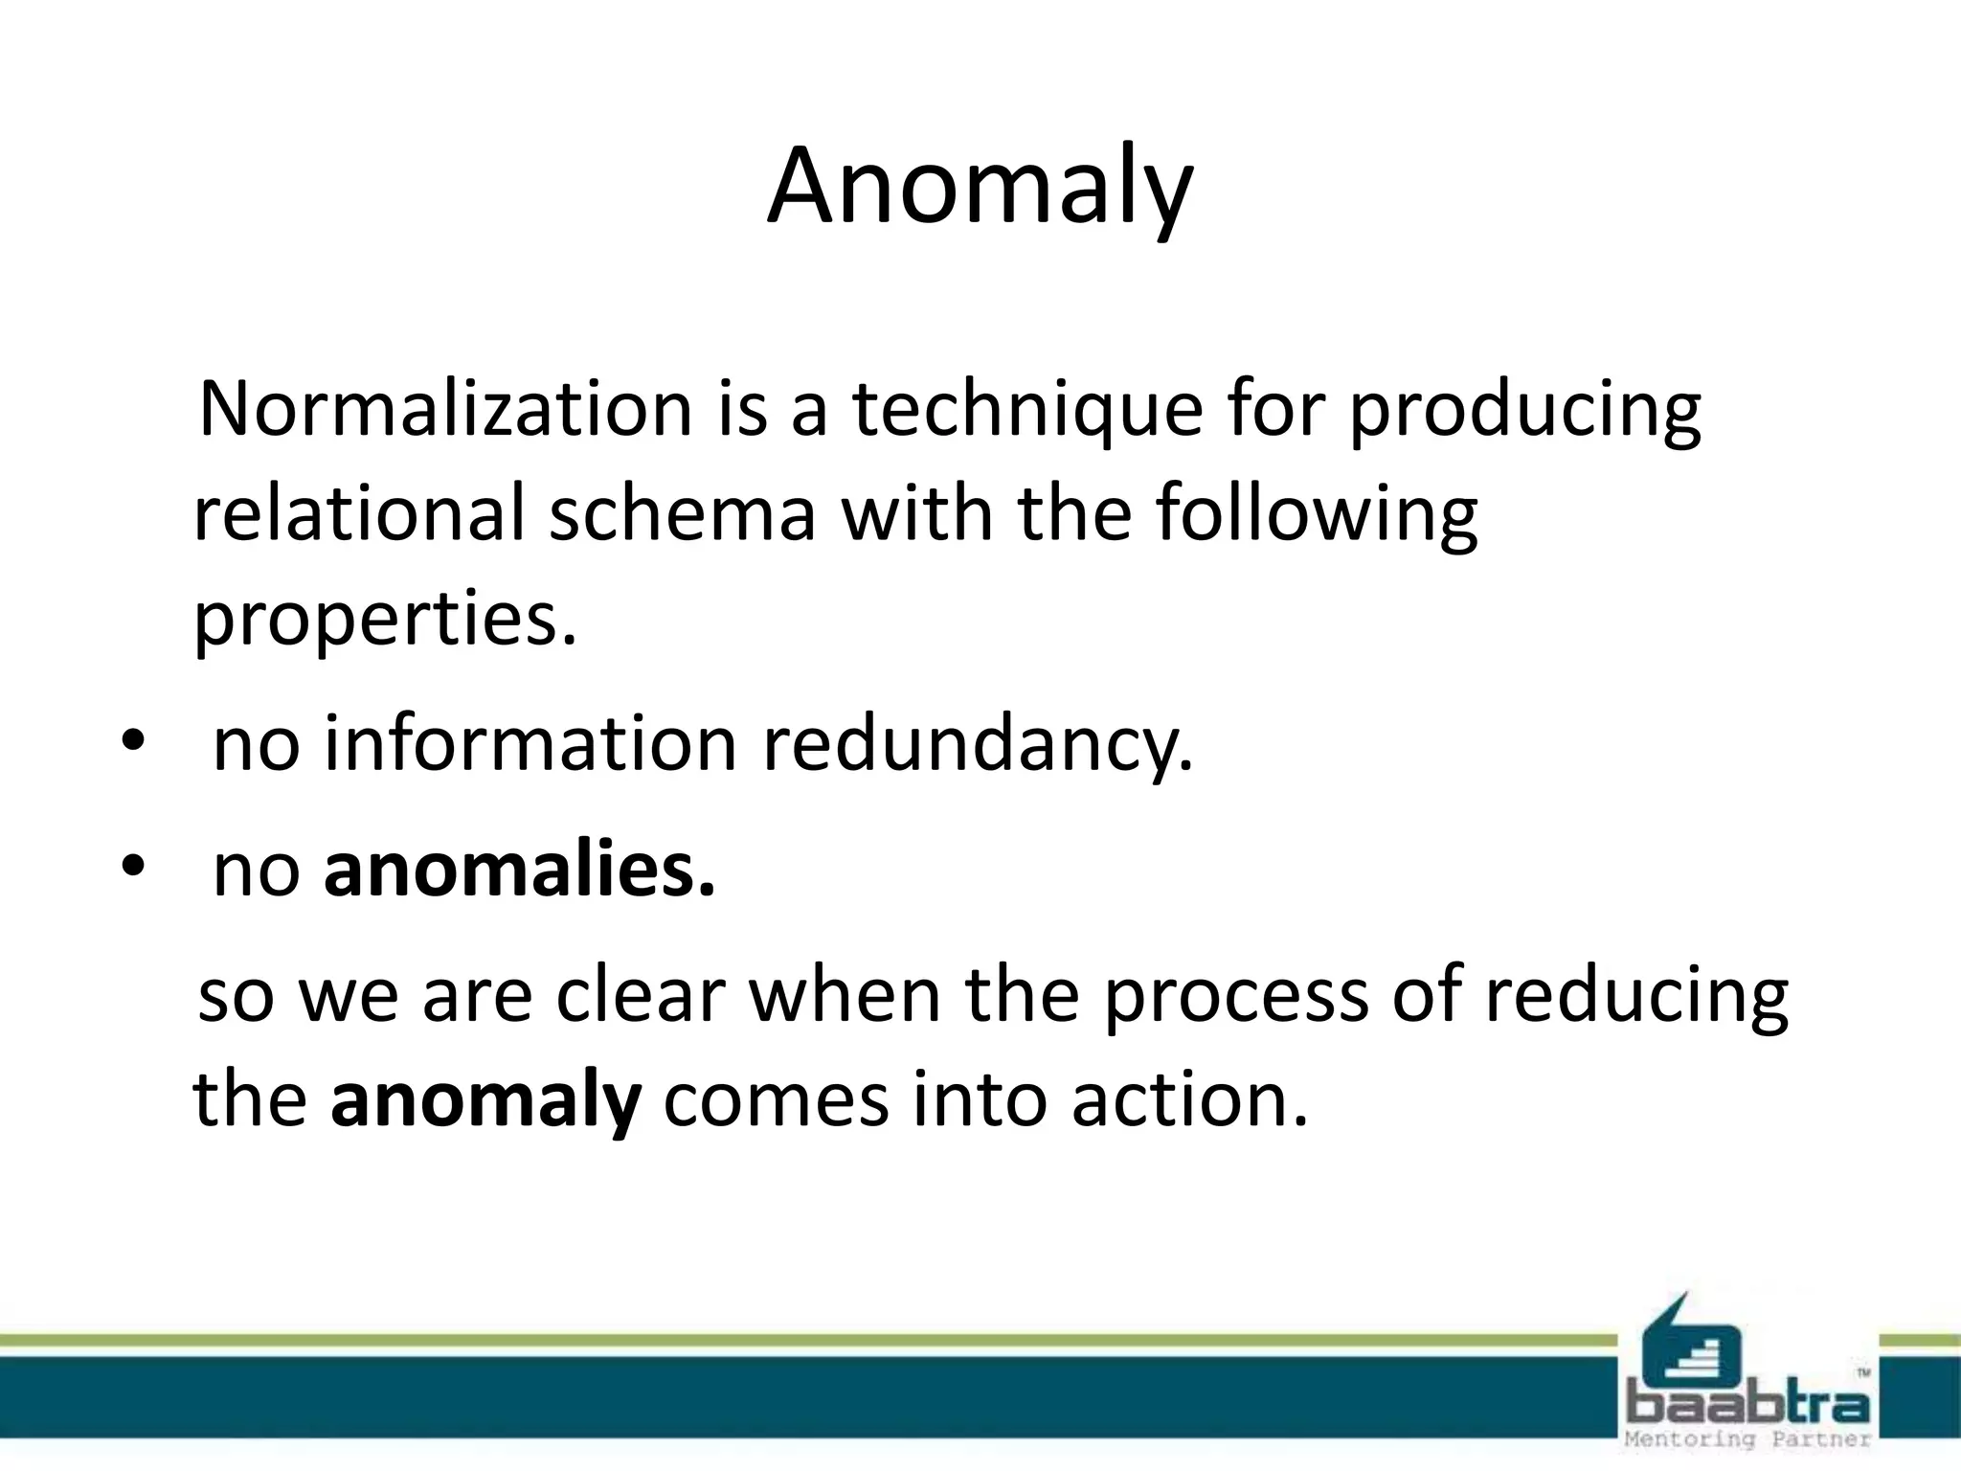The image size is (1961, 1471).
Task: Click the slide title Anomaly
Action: click(x=980, y=187)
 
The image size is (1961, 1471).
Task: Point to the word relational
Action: click(x=359, y=512)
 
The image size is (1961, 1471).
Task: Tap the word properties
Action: click(x=385, y=618)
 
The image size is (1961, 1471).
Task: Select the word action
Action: click(x=1188, y=1099)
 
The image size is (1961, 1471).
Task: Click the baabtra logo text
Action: click(x=1748, y=1406)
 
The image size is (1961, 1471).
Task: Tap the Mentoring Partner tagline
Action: click(x=1748, y=1439)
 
